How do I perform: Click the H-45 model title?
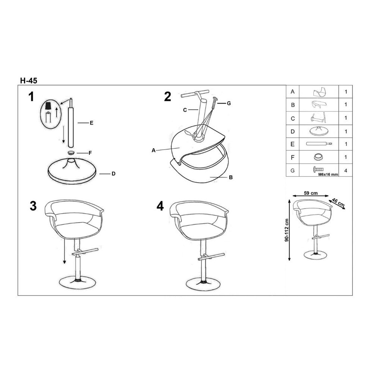click(29, 81)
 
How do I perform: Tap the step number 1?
click(31, 97)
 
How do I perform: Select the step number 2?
click(167, 97)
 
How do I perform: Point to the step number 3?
click(33, 206)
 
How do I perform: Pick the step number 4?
click(160, 206)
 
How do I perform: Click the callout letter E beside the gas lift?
click(91, 123)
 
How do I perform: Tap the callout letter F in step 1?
click(90, 153)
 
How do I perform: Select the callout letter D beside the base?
click(113, 174)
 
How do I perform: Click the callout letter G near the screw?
click(229, 103)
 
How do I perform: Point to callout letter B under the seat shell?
click(231, 178)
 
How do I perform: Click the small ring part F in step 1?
click(71, 153)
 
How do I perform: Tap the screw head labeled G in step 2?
click(215, 98)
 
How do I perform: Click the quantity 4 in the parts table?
click(346, 170)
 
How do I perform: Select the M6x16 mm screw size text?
click(328, 174)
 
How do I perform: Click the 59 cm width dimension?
click(311, 193)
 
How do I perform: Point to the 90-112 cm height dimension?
click(286, 230)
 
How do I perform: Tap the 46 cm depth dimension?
click(338, 202)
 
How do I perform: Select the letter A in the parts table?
click(292, 92)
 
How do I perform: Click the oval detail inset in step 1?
click(51, 114)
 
